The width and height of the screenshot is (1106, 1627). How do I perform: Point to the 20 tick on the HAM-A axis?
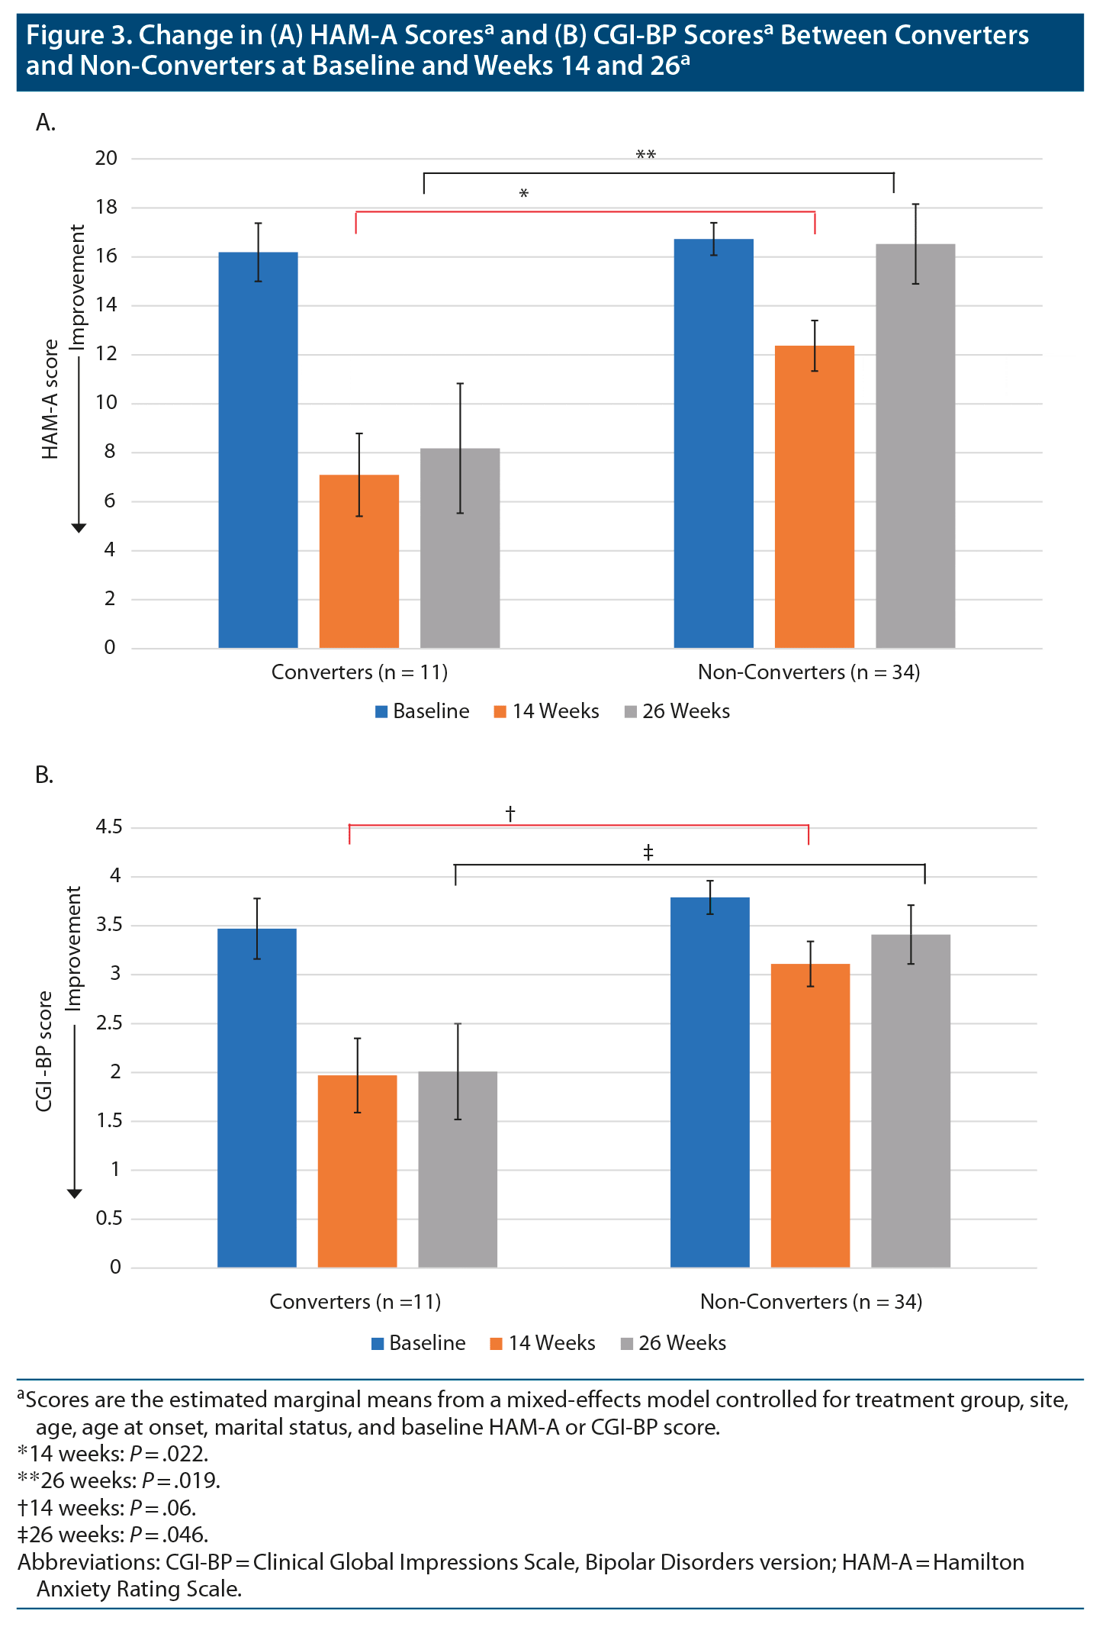click(x=107, y=158)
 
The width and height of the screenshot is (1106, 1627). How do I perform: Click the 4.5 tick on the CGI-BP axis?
click(x=109, y=826)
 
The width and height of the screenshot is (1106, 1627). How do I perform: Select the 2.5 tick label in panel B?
click(x=109, y=1023)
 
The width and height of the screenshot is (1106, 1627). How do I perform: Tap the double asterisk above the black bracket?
click(x=645, y=156)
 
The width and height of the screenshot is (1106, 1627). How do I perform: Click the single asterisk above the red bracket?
click(x=524, y=194)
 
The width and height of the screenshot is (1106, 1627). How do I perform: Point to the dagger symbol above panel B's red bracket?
click(x=510, y=813)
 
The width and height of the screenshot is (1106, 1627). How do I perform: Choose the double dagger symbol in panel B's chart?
click(x=648, y=852)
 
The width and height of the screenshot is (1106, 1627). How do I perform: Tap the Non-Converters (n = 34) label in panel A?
click(x=809, y=672)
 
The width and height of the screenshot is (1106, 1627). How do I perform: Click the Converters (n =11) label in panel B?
click(x=355, y=1302)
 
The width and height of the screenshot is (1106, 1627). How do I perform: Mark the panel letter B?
click(x=44, y=775)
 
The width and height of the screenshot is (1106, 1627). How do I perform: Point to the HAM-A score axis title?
click(x=50, y=399)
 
